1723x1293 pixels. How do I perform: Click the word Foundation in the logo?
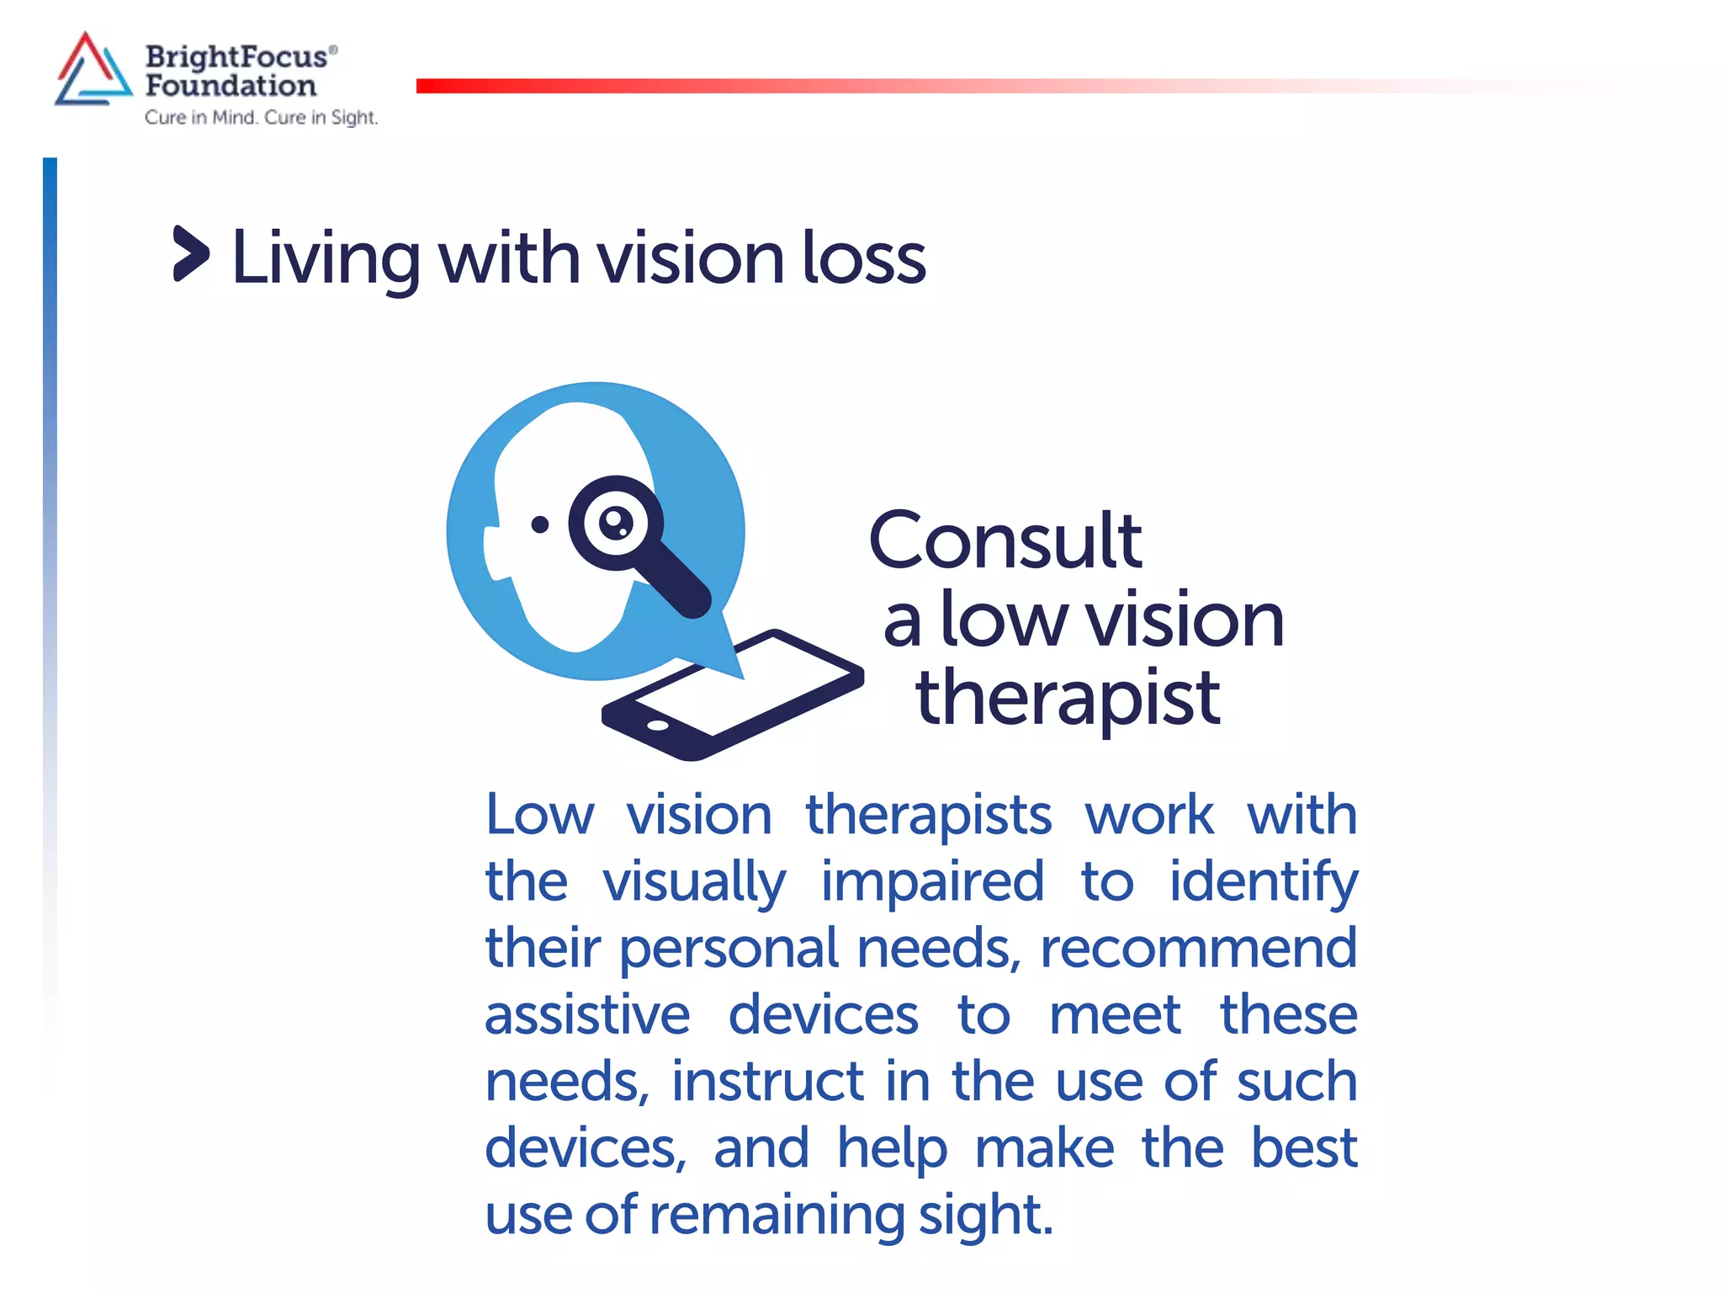pos(231,86)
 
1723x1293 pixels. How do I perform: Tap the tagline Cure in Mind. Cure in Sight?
pos(261,118)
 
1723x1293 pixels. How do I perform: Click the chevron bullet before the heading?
pos(190,253)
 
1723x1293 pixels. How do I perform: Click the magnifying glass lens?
pos(615,523)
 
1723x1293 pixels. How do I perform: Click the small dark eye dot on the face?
pos(540,524)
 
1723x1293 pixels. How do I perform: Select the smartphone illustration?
pos(732,694)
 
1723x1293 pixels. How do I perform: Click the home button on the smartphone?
pos(657,725)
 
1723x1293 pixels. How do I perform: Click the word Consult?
pos(1005,540)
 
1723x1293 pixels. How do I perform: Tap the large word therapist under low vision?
pos(1068,698)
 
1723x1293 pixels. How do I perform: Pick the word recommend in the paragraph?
pos(1198,948)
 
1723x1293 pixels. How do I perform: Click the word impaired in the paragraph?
pos(932,881)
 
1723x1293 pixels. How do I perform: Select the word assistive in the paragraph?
pos(587,1014)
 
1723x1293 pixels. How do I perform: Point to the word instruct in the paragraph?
pos(767,1081)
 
